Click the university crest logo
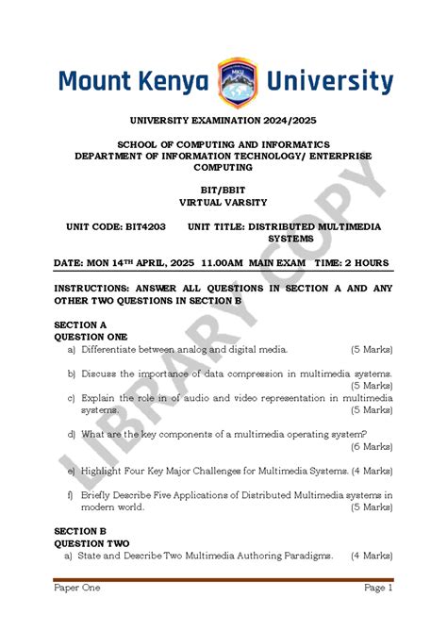tap(235, 82)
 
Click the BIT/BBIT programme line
tap(223, 190)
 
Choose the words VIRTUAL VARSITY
tap(223, 202)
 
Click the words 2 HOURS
tap(367, 262)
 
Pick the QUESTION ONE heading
tap(91, 336)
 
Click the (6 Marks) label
tap(371, 447)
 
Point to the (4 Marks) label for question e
tap(371, 471)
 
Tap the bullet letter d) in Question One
tap(71, 435)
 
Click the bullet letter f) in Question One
tap(71, 494)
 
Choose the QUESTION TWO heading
tap(91, 543)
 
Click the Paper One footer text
tap(76, 588)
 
